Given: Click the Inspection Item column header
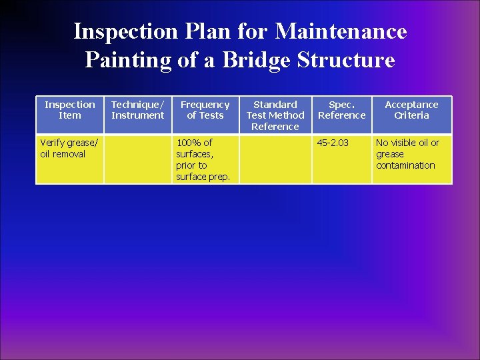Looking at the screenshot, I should coord(70,110).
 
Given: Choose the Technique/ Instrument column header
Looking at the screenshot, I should coord(137,110).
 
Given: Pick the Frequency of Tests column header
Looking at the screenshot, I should coord(205,110).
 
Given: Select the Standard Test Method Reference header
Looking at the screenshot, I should coord(275,115).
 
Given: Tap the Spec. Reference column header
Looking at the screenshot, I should coord(342,110).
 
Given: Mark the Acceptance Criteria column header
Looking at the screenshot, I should coord(411,110).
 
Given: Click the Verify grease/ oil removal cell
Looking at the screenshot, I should coord(69,149).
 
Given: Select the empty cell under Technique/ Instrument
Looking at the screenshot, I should coord(137,159).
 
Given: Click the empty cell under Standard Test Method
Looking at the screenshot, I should coord(275,159).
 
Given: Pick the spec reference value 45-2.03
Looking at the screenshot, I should coord(333,143).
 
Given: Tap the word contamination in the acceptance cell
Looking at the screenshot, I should coord(405,165).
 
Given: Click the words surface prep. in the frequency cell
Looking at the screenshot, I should coord(203,177).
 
